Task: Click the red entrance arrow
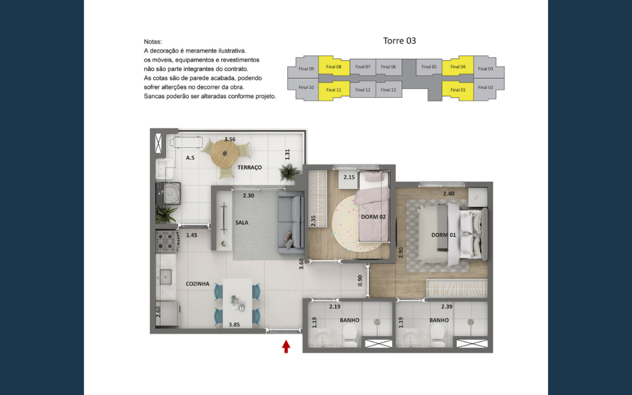286,346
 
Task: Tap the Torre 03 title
399,41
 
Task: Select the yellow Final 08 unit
334,66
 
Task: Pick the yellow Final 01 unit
458,90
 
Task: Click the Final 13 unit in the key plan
388,90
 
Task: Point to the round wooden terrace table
225,154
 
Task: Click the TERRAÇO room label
249,168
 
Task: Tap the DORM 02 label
373,217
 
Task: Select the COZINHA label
197,284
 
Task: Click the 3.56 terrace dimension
230,140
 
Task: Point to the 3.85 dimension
234,325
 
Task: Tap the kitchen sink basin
165,277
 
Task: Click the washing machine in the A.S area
169,193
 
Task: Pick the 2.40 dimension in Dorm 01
449,194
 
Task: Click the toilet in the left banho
349,335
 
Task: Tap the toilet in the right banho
438,335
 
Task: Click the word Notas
153,42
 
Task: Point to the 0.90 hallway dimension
360,280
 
